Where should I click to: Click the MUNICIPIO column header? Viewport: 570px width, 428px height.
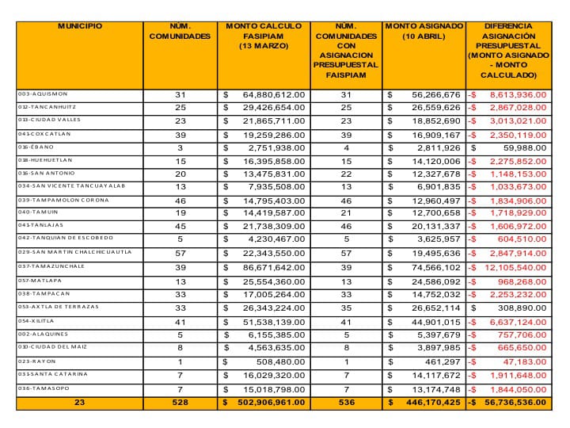pyautogui.click(x=80, y=26)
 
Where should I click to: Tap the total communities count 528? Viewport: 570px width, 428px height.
pyautogui.click(x=180, y=402)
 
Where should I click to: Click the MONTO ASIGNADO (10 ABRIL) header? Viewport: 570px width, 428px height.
pyautogui.click(x=424, y=32)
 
